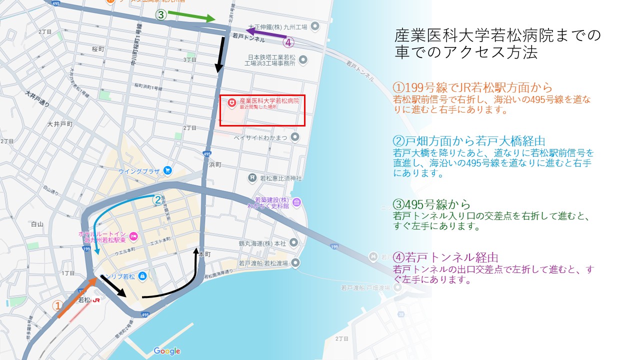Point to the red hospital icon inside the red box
(231, 103)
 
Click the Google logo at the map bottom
(166, 351)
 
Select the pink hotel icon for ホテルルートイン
(133, 235)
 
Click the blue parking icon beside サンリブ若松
(142, 275)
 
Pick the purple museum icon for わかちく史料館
(297, 202)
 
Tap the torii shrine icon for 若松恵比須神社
(253, 177)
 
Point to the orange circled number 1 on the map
(58, 305)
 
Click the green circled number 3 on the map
(161, 15)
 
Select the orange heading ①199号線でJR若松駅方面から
(473, 87)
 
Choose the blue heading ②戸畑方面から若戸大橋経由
(469, 141)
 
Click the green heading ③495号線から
(432, 204)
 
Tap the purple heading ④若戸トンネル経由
(446, 257)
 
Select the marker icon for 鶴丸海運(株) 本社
(294, 243)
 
